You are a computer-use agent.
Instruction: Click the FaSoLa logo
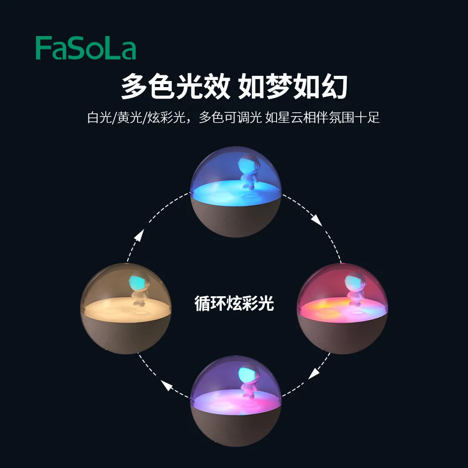[86, 49]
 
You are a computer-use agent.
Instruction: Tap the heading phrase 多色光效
[175, 87]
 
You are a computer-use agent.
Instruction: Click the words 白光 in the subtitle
[97, 117]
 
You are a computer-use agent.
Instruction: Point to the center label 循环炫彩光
[234, 304]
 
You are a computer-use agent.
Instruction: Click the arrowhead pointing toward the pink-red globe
[317, 220]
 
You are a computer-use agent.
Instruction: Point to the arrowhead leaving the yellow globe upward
[139, 235]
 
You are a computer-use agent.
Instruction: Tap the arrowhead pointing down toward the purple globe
[314, 373]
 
